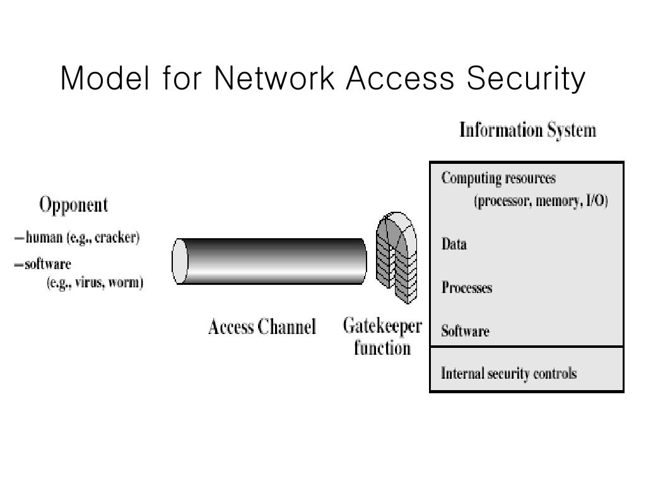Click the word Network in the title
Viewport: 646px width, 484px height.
click(x=274, y=78)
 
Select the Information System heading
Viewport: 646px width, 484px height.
click(x=528, y=130)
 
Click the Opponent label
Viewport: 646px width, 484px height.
click(x=74, y=205)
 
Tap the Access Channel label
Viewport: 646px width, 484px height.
click(x=262, y=327)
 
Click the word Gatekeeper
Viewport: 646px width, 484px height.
click(x=382, y=326)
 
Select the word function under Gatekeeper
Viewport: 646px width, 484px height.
click(x=382, y=348)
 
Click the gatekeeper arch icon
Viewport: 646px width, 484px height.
click(x=396, y=258)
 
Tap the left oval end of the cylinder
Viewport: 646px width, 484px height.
click(x=180, y=262)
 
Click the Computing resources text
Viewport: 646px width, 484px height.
click(x=498, y=179)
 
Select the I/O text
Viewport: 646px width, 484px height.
click(x=596, y=200)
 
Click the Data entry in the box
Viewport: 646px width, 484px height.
click(x=454, y=244)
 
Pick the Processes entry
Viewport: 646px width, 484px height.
click(x=467, y=287)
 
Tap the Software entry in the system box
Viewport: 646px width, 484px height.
click(x=465, y=330)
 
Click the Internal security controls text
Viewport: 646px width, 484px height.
click(x=509, y=373)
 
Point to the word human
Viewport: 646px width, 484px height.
click(x=44, y=238)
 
